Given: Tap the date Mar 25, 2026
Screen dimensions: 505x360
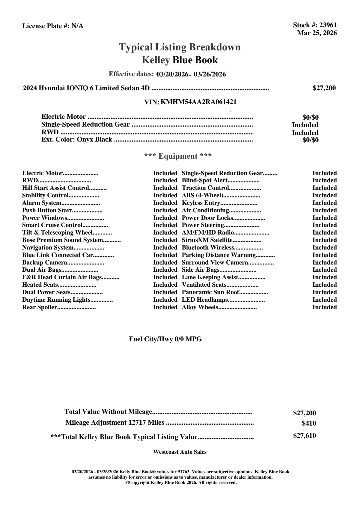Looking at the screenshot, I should pos(317,33).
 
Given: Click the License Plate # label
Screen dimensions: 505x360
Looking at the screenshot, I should pos(46,26).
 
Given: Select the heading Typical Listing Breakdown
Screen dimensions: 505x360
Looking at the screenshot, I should pos(180,47).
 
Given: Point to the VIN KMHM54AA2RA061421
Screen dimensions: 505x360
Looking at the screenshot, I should pos(198,102).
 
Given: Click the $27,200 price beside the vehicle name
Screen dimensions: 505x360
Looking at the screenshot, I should pos(324,88).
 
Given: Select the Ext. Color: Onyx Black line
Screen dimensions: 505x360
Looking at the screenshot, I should pos(77,139).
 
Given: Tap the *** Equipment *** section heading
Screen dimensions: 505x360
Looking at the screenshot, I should pos(178,156).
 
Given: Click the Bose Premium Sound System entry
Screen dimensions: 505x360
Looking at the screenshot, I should pos(62,240).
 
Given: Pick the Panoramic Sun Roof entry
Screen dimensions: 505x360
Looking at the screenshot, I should pos(211,292).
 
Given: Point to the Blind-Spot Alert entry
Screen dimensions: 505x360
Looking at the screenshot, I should pos(205,181).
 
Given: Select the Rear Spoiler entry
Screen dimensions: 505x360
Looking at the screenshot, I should pos(40,307).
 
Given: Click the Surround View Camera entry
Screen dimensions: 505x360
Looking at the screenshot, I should pos(215,263).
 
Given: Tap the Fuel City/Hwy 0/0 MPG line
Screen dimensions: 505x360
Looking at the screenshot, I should pos(165,339).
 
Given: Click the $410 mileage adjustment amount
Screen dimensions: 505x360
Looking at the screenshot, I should pos(309,424).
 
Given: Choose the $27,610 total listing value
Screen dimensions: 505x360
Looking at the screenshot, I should pos(304,436).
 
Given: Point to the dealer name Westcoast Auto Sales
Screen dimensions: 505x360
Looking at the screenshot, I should pos(180,452).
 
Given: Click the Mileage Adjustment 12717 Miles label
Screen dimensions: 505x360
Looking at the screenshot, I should pos(115,423).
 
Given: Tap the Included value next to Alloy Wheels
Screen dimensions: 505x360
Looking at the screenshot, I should pos(324,307).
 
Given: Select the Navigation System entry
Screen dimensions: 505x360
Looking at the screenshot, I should pos(48,248).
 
